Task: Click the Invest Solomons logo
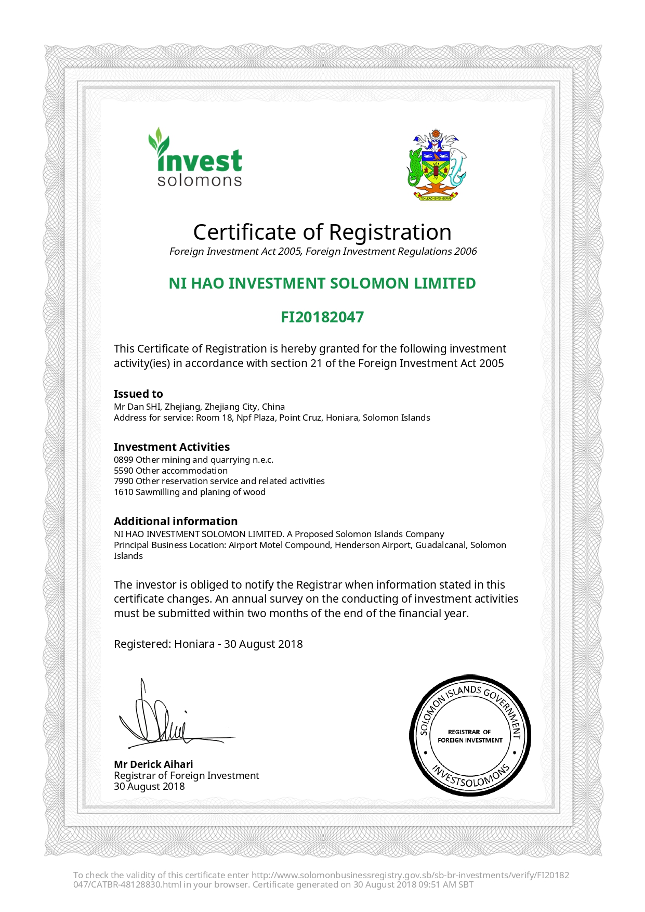pos(196,158)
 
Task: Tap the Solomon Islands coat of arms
pos(436,165)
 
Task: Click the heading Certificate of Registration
pos(322,232)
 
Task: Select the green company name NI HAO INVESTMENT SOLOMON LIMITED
pos(322,283)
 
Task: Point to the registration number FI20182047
pos(322,317)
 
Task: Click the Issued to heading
pos(138,394)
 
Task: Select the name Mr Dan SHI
pos(137,407)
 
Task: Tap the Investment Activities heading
pos(172,447)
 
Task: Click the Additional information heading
pos(176,522)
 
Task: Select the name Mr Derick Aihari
pos(153,764)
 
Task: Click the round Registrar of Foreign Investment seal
pos(470,736)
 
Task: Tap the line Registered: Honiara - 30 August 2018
pos(208,644)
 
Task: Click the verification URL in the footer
pos(411,876)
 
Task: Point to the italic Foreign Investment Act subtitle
pos(323,252)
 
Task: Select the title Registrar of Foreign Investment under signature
pos(186,776)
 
